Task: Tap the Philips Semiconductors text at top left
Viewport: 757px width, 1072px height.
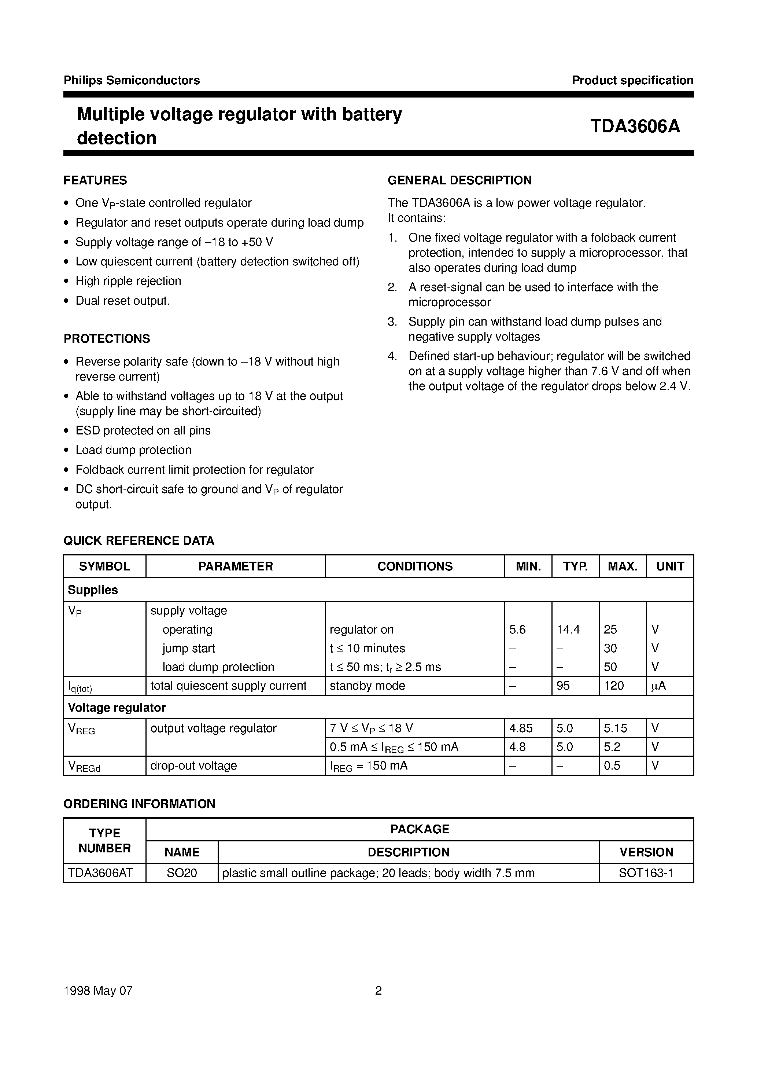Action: click(x=132, y=80)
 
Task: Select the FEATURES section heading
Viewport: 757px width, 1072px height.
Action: click(x=95, y=180)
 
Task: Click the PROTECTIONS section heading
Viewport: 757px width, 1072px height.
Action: click(x=107, y=338)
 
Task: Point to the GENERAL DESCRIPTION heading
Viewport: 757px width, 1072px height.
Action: click(x=460, y=180)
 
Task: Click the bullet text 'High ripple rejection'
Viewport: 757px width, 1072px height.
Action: click(x=128, y=281)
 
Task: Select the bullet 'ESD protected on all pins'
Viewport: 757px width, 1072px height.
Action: click(x=143, y=430)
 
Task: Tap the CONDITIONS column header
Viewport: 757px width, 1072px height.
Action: click(x=414, y=566)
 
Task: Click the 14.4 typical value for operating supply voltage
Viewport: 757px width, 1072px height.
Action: click(x=568, y=629)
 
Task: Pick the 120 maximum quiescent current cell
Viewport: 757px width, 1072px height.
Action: click(x=614, y=686)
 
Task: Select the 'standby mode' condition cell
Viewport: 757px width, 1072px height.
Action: click(x=367, y=686)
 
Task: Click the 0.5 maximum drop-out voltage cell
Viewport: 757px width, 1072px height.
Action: click(x=612, y=766)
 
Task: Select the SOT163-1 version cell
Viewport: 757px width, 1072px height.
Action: click(x=646, y=873)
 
